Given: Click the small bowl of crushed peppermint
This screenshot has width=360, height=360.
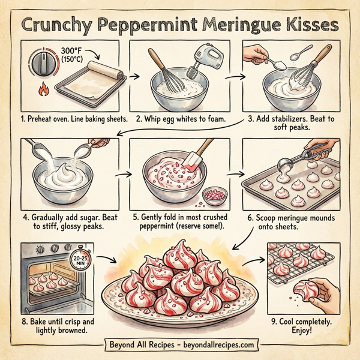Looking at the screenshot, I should click(x=213, y=195).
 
